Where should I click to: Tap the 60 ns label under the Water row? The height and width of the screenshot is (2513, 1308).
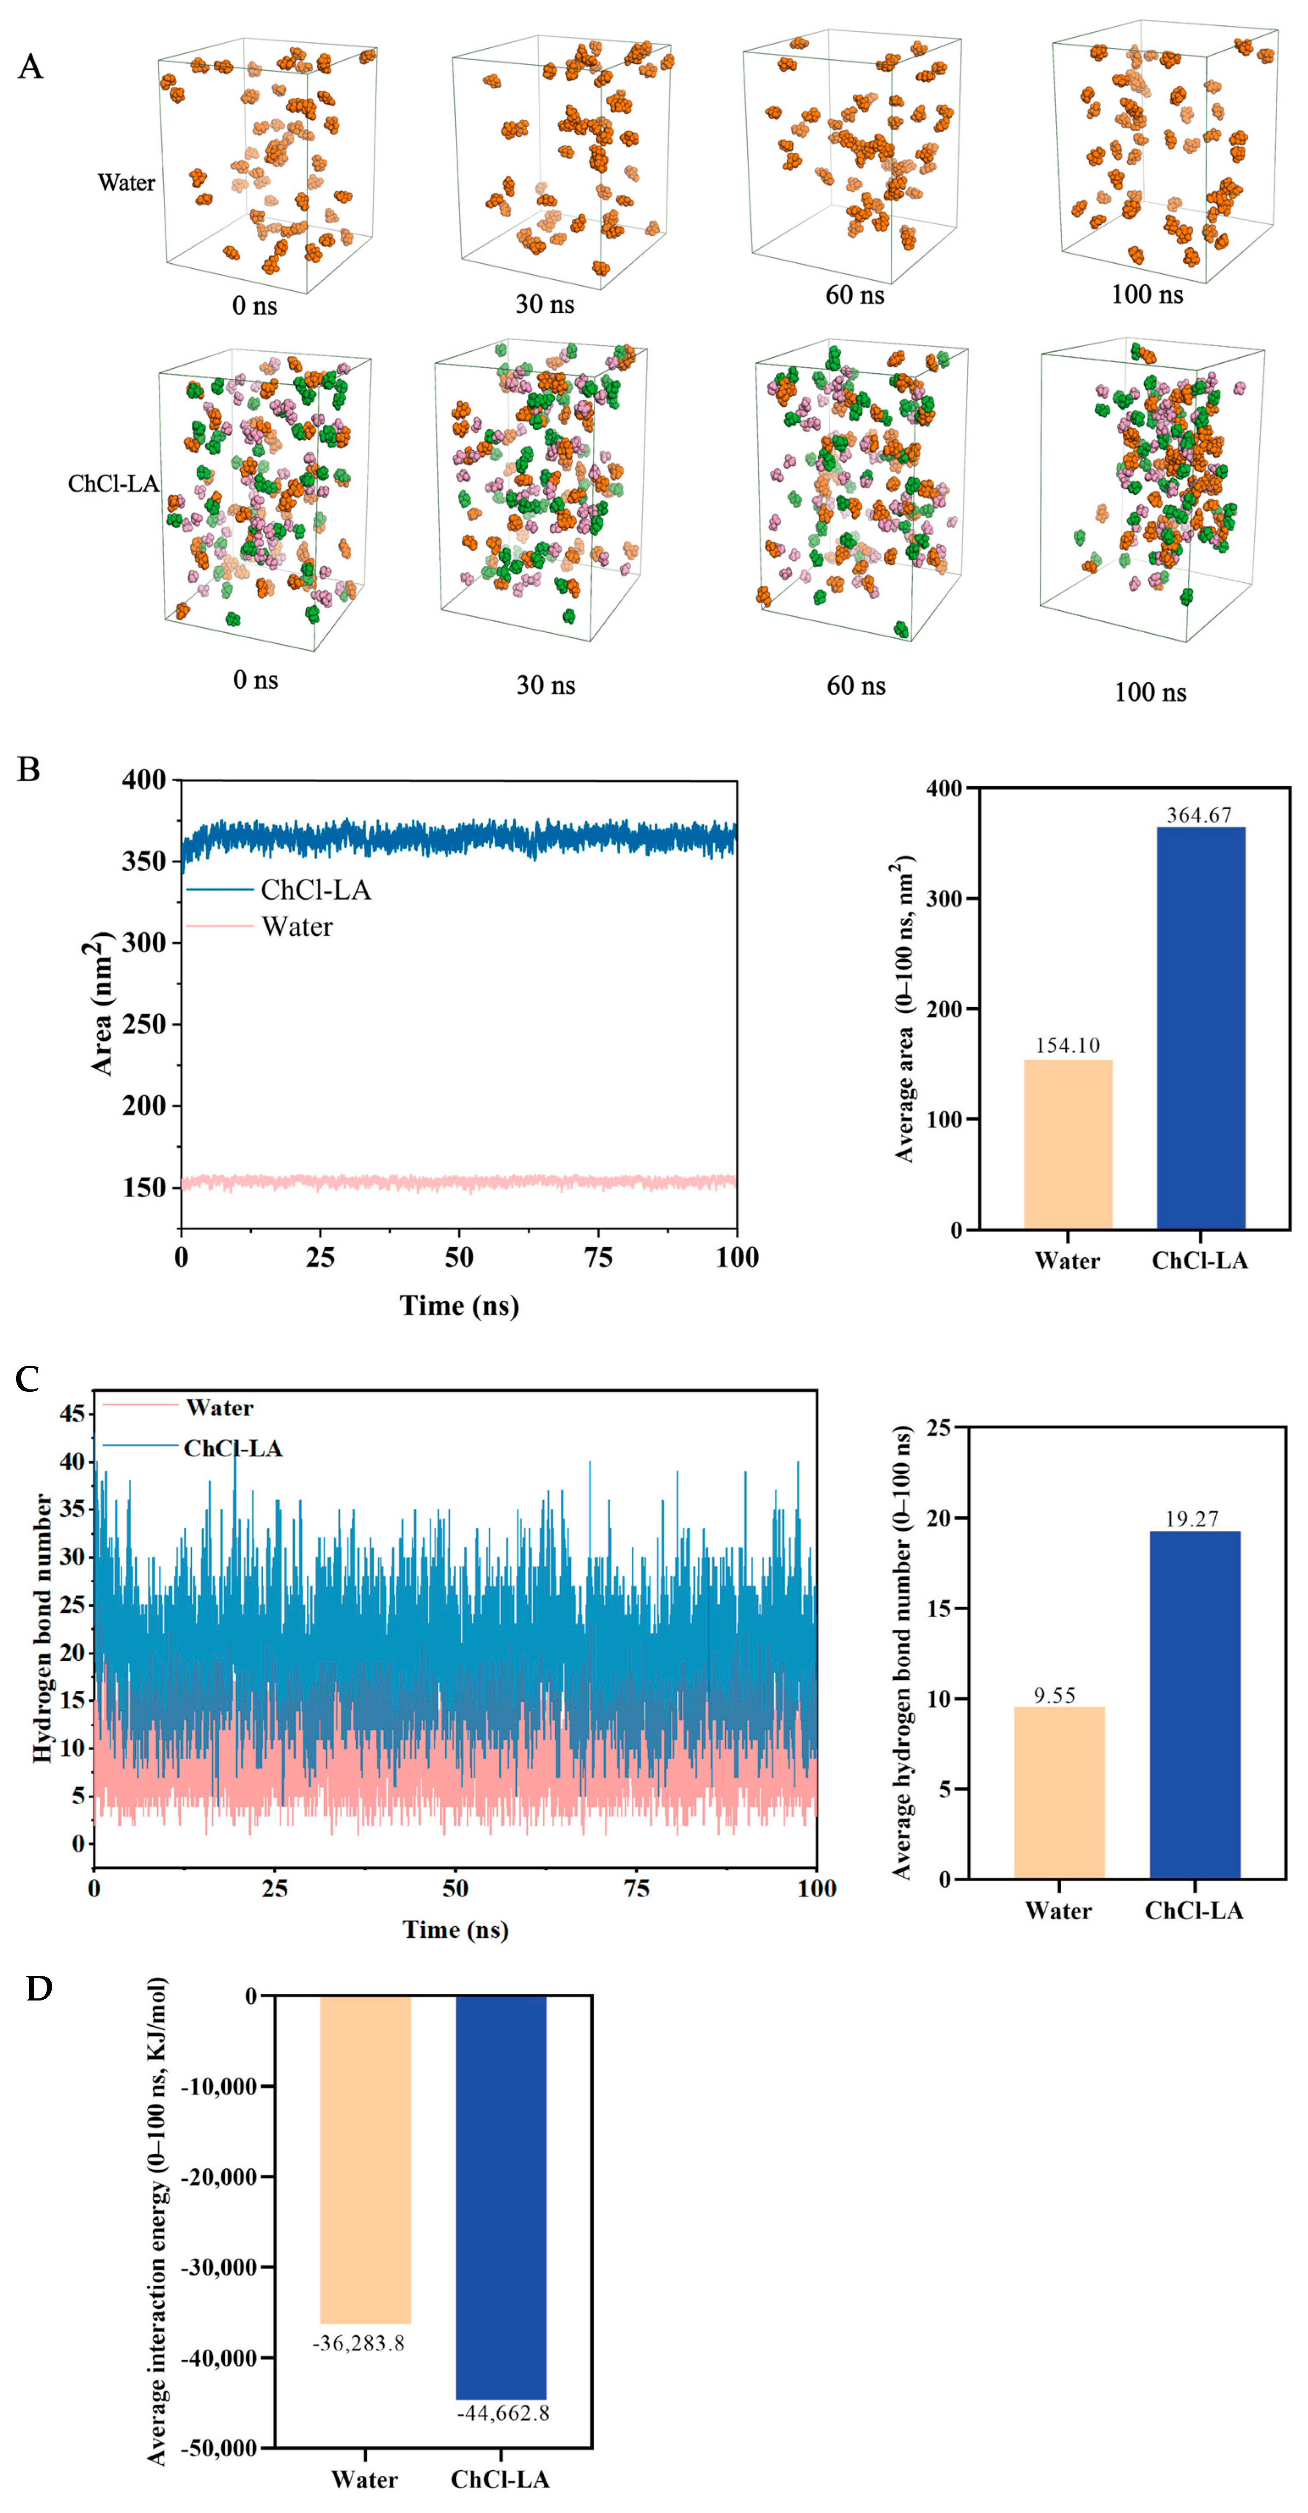click(x=854, y=295)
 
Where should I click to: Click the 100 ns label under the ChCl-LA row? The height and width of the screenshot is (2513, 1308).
click(x=1150, y=693)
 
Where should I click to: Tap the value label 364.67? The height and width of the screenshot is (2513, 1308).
click(x=1199, y=815)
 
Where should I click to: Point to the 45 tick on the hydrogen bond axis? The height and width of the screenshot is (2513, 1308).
click(x=73, y=1414)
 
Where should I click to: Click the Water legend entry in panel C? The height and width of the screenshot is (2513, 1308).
click(x=220, y=1408)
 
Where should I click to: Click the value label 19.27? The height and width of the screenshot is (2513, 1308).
click(x=1192, y=1519)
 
